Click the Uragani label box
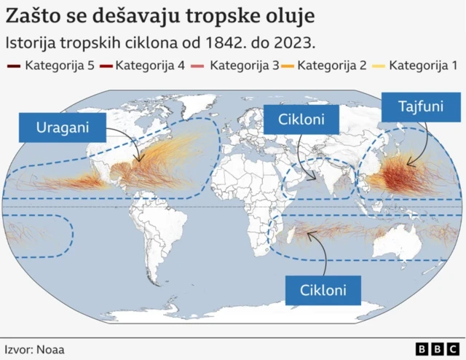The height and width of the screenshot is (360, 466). tap(63, 127)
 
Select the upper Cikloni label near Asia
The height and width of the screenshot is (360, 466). tap(301, 118)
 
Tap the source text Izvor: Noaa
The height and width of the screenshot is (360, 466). tap(34, 349)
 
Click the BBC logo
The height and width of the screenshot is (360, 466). tap(434, 349)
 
